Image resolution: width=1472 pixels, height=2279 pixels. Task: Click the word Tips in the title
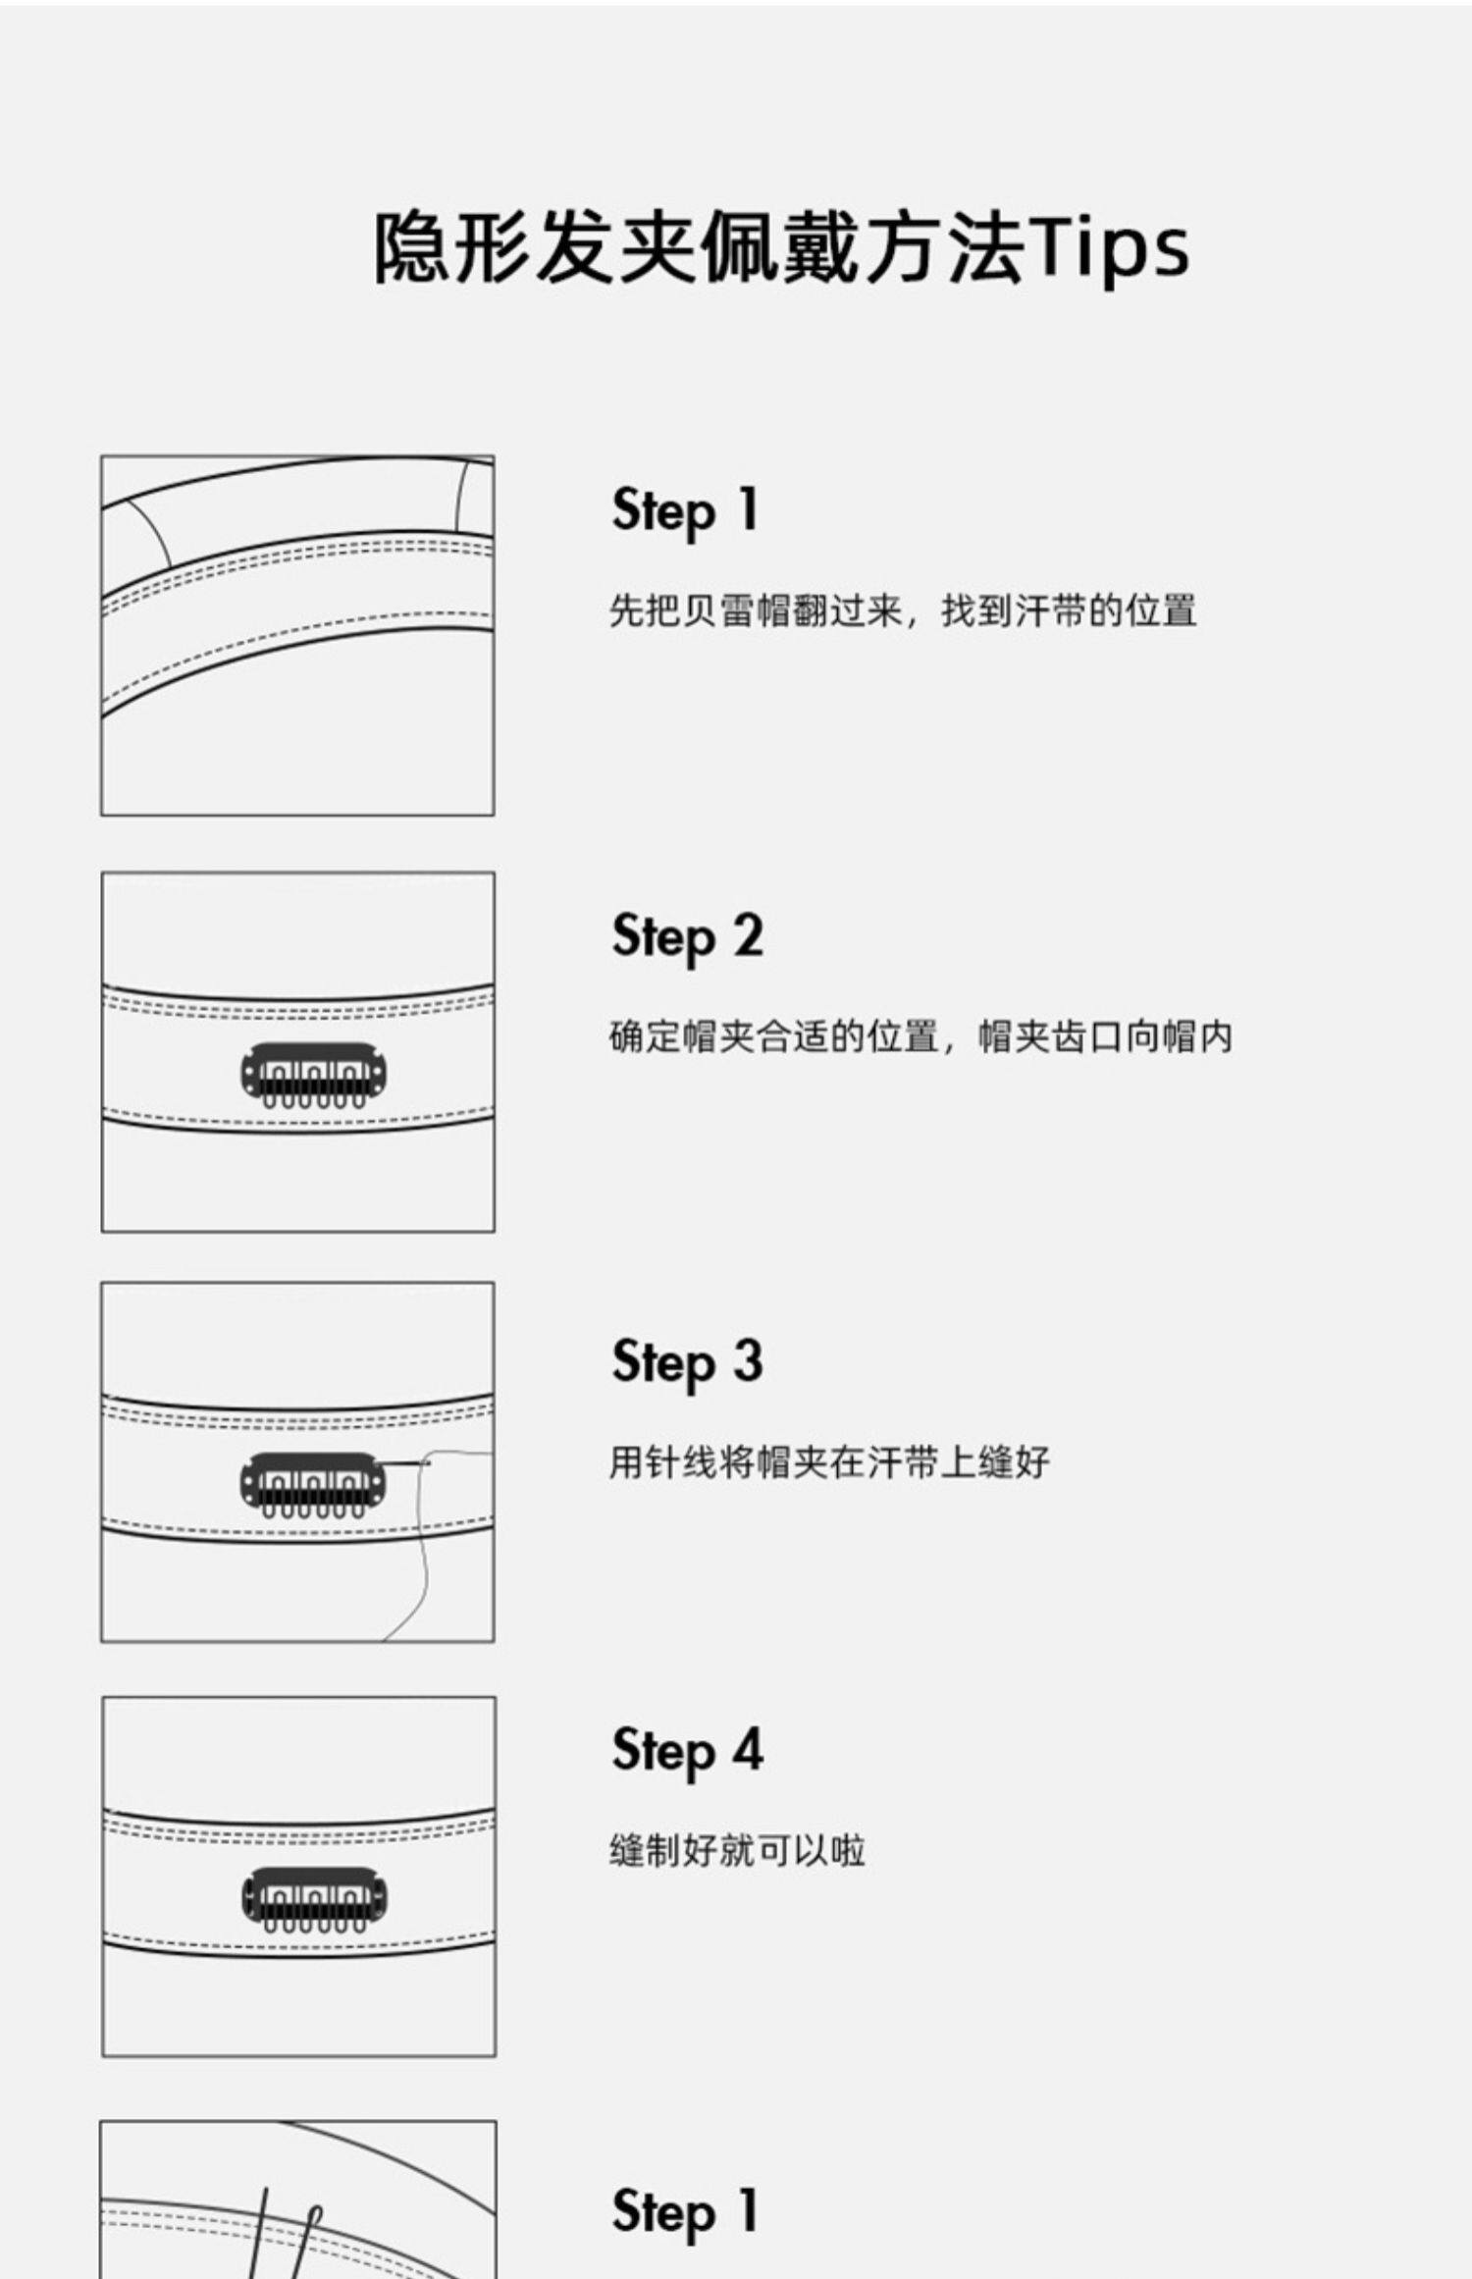(1112, 248)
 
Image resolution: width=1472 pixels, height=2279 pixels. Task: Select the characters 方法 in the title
(947, 247)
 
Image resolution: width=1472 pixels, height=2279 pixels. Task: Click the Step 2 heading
(687, 938)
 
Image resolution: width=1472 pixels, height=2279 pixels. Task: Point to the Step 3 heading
(687, 1363)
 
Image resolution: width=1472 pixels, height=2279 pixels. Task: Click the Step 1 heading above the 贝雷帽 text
(685, 512)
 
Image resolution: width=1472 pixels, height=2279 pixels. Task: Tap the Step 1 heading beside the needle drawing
(685, 2213)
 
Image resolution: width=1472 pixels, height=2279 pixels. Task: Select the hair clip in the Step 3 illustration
(314, 1484)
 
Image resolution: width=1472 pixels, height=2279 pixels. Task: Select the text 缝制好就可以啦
(737, 1851)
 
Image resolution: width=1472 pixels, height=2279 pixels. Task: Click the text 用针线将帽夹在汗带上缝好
(829, 1462)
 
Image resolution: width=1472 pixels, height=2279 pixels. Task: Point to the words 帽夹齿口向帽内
(1105, 1037)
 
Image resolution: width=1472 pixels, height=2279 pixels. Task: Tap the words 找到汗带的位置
(1069, 610)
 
